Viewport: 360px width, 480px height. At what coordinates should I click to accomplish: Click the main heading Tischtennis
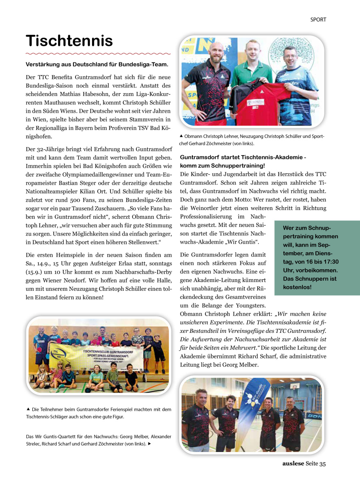tap(69, 41)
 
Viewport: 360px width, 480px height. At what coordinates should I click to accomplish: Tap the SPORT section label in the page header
tap(318, 19)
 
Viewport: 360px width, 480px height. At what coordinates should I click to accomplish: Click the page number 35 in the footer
tap(322, 464)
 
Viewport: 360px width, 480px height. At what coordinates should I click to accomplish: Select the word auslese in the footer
tap(293, 464)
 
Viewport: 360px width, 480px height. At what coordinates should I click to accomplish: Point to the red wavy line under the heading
tap(98, 53)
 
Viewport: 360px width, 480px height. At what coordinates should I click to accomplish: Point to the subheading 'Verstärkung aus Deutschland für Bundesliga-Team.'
tap(97, 64)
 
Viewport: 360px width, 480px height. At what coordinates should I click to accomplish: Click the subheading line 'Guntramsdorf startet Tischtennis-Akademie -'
tap(243, 158)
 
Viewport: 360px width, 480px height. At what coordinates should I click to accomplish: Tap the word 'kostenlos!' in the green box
tap(297, 287)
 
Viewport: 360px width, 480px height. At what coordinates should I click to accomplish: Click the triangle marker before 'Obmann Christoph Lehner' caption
tap(182, 136)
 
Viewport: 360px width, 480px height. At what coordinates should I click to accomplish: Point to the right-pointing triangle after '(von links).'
tap(150, 444)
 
